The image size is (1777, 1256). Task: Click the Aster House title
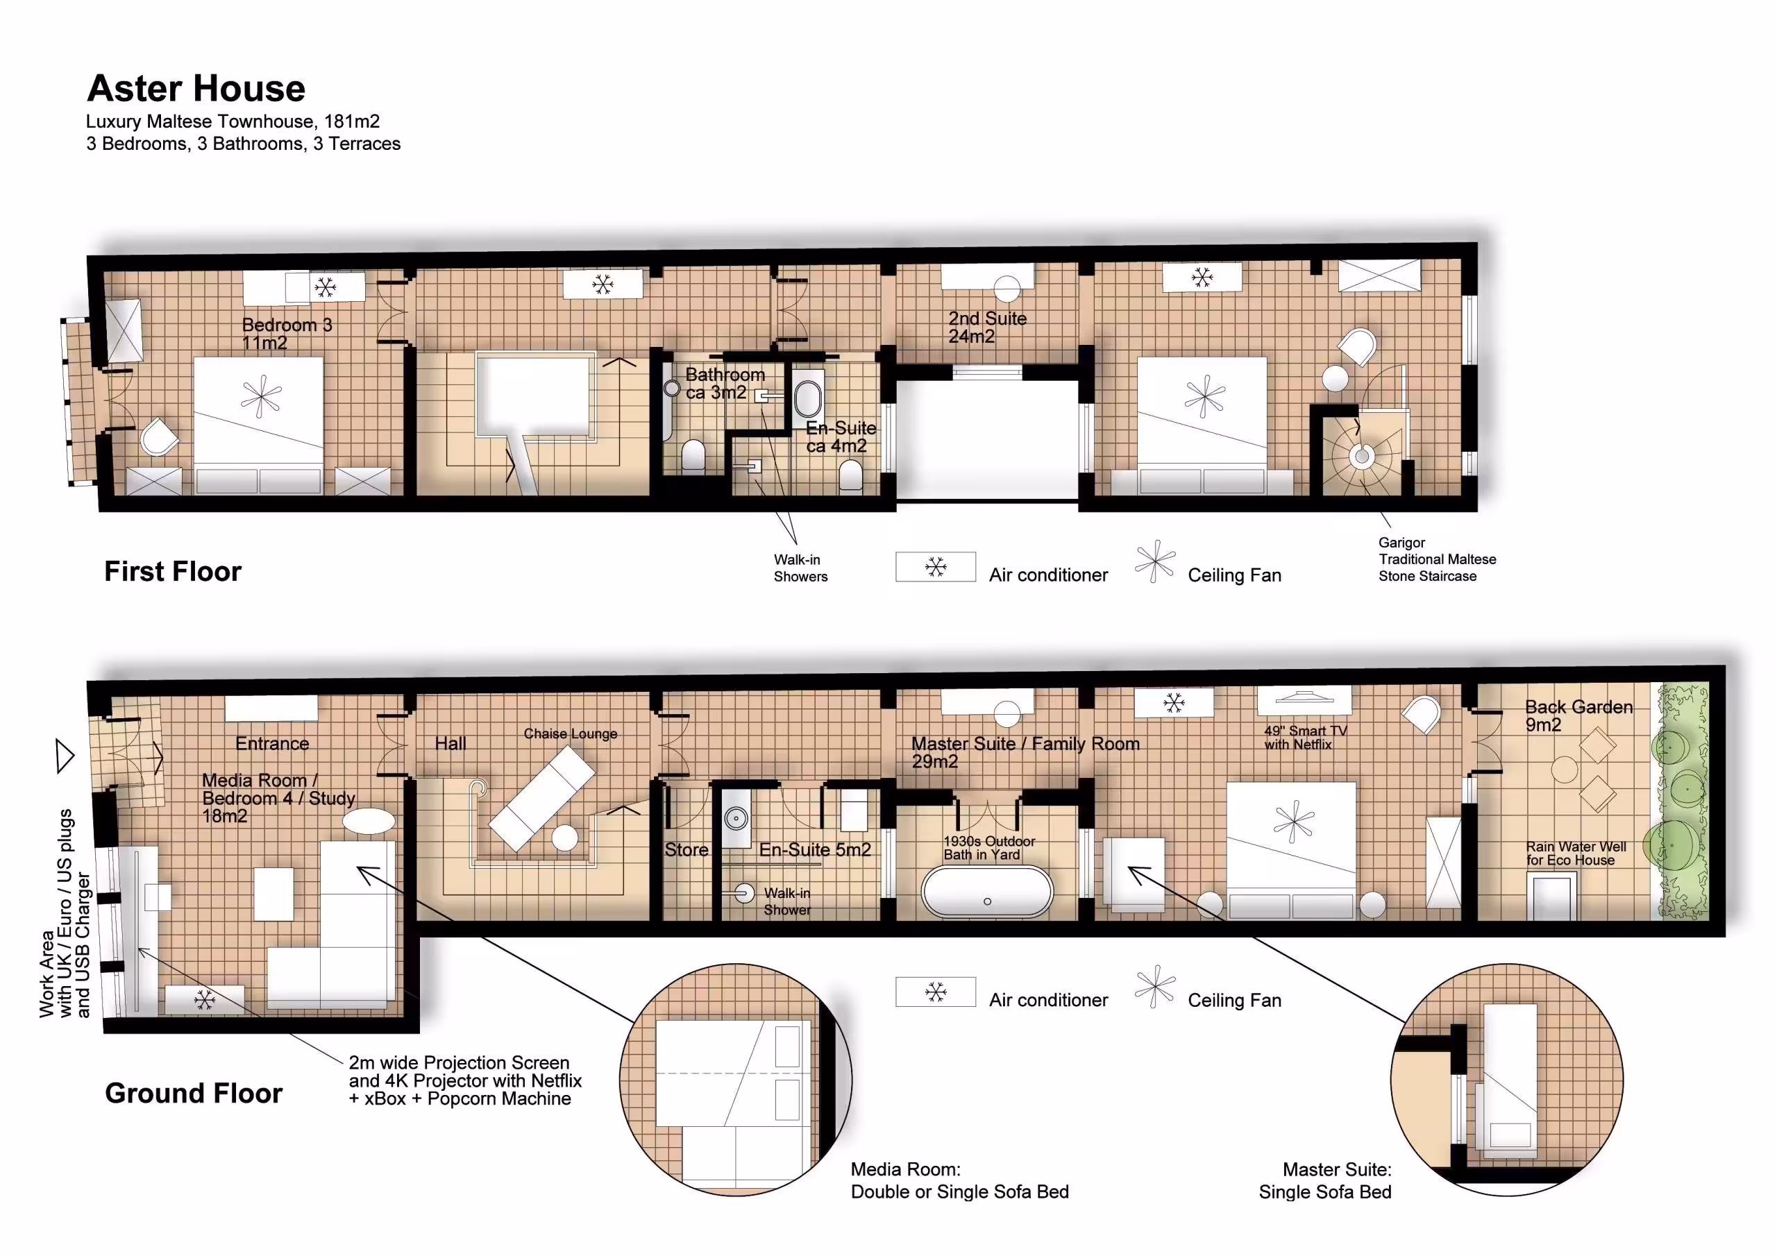click(196, 88)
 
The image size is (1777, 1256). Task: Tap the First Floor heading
click(173, 572)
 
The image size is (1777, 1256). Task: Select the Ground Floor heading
click(194, 1093)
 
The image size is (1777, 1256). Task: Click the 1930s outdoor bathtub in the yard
click(987, 892)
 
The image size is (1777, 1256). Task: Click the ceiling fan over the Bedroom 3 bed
click(261, 397)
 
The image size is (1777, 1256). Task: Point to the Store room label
click(686, 850)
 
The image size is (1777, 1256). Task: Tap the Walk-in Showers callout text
click(800, 568)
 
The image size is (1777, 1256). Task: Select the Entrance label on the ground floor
click(271, 744)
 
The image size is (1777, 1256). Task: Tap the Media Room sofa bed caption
click(960, 1180)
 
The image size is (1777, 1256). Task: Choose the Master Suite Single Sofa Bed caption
click(1325, 1180)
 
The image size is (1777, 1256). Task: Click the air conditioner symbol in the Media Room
click(204, 1000)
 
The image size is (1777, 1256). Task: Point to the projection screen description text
click(464, 1080)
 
